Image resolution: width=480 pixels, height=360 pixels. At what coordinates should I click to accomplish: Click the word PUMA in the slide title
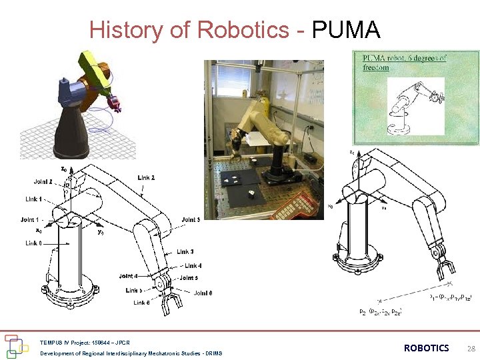click(346, 30)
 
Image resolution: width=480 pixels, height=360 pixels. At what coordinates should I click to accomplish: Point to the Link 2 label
click(147, 178)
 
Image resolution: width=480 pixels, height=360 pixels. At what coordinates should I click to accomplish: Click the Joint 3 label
click(191, 219)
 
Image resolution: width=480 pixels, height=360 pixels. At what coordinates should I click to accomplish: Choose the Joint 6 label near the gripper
click(203, 293)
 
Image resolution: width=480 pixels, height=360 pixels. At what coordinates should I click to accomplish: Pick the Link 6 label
click(141, 303)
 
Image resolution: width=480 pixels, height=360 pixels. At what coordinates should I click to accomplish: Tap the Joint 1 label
click(31, 219)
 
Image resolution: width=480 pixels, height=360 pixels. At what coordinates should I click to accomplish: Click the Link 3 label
click(185, 251)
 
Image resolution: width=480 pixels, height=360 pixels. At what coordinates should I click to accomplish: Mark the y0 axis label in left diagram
click(100, 233)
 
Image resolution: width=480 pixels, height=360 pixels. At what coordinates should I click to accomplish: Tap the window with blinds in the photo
click(233, 79)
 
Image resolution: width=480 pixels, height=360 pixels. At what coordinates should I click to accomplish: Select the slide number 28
click(471, 349)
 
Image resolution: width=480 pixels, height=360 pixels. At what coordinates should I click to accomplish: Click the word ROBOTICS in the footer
click(427, 348)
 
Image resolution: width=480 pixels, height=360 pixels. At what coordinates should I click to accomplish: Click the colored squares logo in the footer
click(16, 345)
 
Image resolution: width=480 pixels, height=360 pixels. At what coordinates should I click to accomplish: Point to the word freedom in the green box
click(375, 67)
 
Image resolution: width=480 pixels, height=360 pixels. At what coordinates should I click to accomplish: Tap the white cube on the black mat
click(248, 194)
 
